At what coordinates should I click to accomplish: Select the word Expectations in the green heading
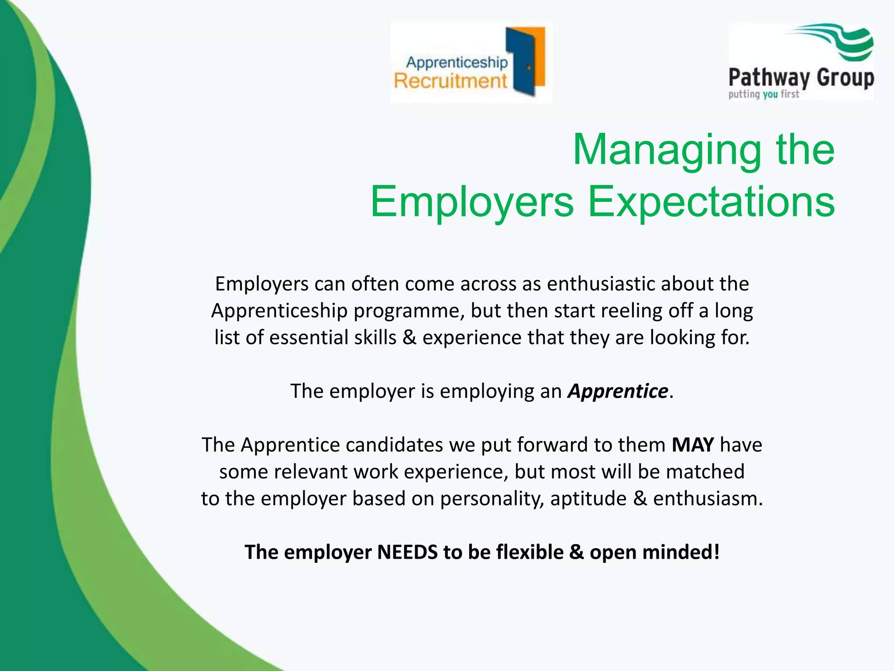[711, 202]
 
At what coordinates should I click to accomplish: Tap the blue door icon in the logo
[522, 61]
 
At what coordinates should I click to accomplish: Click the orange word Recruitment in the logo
[450, 81]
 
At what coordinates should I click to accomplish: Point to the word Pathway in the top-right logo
[768, 79]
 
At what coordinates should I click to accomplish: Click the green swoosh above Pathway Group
[838, 42]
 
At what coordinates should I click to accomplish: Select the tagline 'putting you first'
[763, 94]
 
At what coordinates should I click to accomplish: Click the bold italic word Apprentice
[617, 391]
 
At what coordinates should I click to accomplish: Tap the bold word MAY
[693, 445]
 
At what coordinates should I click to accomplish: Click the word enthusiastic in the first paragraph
[601, 284]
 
